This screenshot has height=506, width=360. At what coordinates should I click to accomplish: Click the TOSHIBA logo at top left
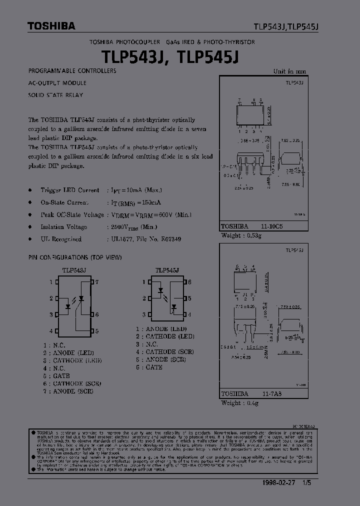[x=44, y=25]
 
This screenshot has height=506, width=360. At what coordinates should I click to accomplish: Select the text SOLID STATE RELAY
[x=55, y=95]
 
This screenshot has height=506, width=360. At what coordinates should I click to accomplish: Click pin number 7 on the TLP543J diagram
[x=97, y=282]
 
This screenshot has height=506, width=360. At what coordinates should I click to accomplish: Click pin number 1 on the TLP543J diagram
[x=50, y=282]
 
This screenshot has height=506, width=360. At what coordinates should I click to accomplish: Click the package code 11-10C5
[x=271, y=226]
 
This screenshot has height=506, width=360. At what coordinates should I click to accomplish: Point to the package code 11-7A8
[x=271, y=393]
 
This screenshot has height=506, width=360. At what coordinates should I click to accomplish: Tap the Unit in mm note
[x=289, y=71]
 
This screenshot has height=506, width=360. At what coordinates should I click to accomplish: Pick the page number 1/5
[x=313, y=484]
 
